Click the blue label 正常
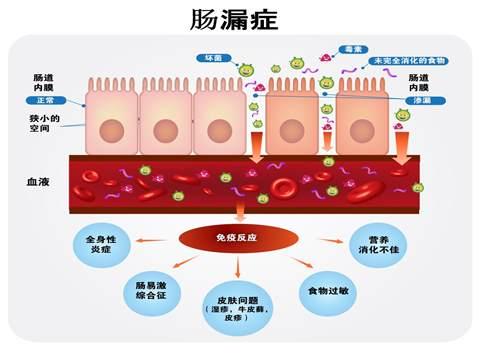point(45,102)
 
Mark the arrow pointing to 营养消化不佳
point(326,240)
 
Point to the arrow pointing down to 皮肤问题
point(239,266)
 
